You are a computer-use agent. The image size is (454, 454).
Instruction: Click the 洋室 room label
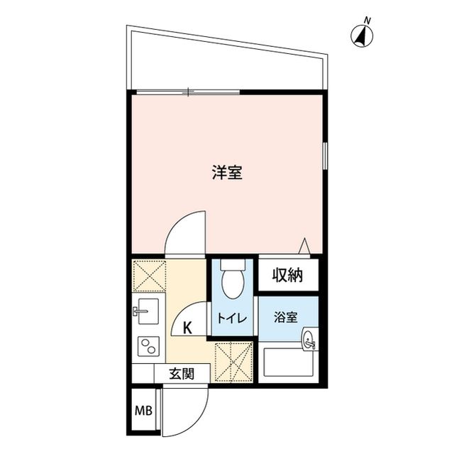tap(227, 172)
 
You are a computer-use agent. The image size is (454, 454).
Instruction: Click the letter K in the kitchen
tap(188, 328)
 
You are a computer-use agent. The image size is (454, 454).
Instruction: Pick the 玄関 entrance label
tap(182, 372)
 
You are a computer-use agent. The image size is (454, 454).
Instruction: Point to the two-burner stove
tap(148, 347)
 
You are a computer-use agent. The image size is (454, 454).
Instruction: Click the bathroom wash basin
tap(309, 341)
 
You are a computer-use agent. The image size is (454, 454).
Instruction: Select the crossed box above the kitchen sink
tap(149, 276)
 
